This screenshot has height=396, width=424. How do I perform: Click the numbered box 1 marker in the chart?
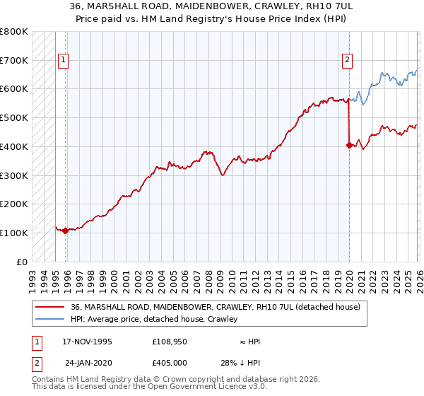click(63, 61)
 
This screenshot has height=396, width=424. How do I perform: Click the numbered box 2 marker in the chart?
click(348, 61)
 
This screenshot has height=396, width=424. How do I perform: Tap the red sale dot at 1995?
click(65, 231)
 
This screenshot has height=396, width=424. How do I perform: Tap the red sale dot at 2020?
click(349, 146)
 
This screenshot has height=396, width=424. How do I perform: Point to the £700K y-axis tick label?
click(14, 60)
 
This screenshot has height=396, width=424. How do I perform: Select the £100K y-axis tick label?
click(14, 233)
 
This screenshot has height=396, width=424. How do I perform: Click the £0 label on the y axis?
click(21, 262)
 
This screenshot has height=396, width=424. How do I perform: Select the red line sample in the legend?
click(50, 308)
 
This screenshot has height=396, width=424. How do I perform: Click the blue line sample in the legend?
click(50, 320)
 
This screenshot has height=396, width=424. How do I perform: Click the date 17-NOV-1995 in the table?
click(87, 342)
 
